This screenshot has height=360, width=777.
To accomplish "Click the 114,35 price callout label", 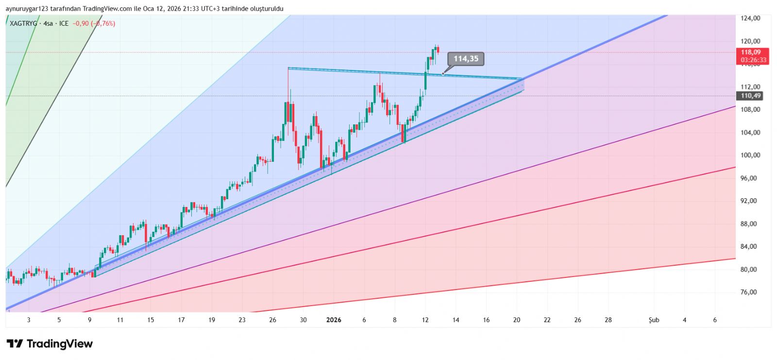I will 466,59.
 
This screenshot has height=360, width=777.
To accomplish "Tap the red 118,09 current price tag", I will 751,52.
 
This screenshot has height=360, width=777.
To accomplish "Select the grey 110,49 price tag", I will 751,96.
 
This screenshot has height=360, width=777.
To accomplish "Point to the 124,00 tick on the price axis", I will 750,18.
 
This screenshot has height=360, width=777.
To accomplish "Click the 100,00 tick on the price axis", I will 750,155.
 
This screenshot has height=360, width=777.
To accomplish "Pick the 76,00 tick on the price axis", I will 750,292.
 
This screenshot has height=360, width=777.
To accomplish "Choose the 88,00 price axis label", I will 750,224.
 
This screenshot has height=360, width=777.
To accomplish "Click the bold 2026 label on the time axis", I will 334,320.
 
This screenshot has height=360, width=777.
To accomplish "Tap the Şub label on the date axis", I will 654,320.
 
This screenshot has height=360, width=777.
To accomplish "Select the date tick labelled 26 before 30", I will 272,320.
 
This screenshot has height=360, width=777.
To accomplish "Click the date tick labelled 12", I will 425,320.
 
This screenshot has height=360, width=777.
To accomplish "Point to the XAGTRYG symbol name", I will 23,23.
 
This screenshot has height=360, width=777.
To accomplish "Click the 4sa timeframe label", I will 48,23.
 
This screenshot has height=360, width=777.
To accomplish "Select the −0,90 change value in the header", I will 81,23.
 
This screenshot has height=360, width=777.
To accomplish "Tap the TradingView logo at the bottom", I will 50,344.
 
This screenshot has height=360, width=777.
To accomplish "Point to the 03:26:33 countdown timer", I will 753,60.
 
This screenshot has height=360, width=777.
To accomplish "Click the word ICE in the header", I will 64,23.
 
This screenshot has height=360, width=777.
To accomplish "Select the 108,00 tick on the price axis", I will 750,109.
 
